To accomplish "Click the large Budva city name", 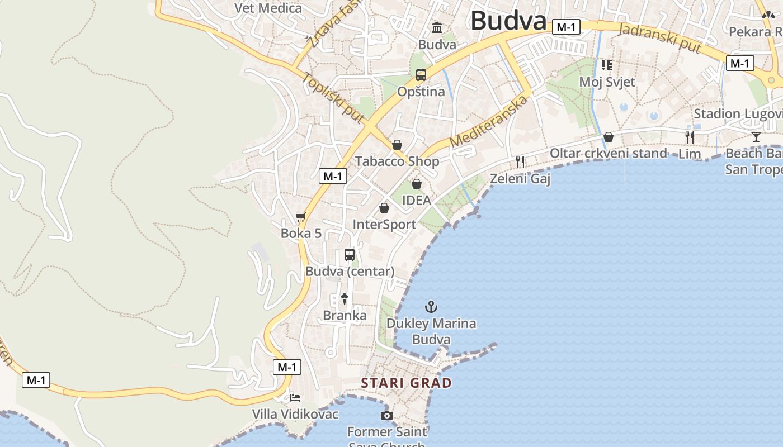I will click(x=508, y=21).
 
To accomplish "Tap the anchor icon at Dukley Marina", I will click(x=431, y=307).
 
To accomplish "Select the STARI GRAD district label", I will click(x=406, y=383).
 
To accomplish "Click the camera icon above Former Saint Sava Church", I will click(x=386, y=415).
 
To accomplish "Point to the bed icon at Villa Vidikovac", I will click(x=295, y=398).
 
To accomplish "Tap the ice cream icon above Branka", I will click(x=345, y=299).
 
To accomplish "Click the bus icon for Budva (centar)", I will click(x=350, y=255).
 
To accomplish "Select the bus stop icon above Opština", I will click(x=421, y=75).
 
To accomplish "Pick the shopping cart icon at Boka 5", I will click(x=301, y=217).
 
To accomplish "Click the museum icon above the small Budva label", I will click(x=437, y=27).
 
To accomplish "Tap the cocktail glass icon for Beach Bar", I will click(x=756, y=137).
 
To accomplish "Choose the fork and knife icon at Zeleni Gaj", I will click(x=520, y=162).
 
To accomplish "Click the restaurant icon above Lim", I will click(x=690, y=137).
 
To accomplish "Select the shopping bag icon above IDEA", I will click(x=417, y=184).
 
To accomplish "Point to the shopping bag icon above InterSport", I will click(x=384, y=208).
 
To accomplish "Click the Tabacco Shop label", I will click(x=397, y=161).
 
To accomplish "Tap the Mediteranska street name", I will click(x=488, y=122).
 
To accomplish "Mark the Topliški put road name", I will click(x=333, y=98).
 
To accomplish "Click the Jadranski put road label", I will click(x=660, y=39).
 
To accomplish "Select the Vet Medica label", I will click(x=268, y=8).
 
